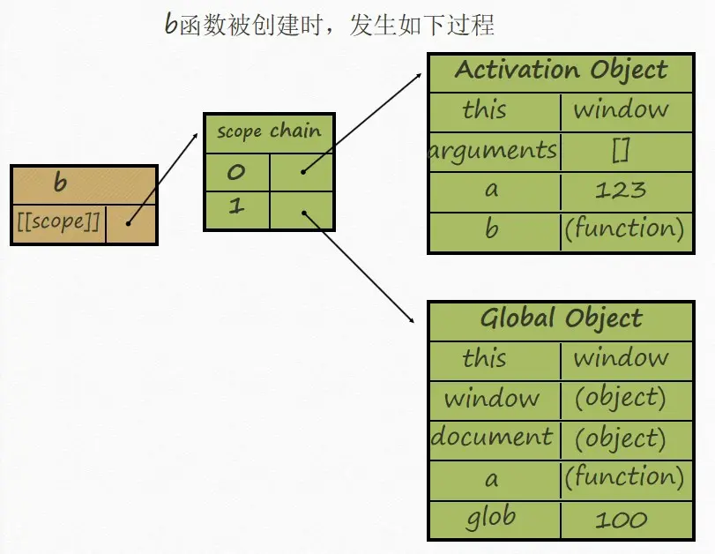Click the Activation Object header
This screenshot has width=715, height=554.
[561, 71]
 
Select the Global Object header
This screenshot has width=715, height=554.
[561, 318]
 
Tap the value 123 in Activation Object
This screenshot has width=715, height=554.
[621, 190]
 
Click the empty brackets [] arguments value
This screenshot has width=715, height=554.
[621, 150]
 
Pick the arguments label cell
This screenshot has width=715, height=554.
[494, 150]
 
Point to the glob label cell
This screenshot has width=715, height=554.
[492, 518]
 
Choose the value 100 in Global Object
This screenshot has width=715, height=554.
[621, 520]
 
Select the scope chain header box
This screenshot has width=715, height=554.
[269, 132]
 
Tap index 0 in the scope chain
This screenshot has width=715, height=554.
[235, 171]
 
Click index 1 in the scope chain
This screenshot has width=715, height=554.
[235, 208]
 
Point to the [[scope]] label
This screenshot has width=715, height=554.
[58, 222]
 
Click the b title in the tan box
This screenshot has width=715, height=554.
[60, 183]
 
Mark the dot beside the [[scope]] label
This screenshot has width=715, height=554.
[128, 223]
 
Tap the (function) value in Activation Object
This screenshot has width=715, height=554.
[624, 229]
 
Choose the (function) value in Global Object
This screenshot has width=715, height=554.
[624, 477]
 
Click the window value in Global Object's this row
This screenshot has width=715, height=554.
[621, 358]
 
